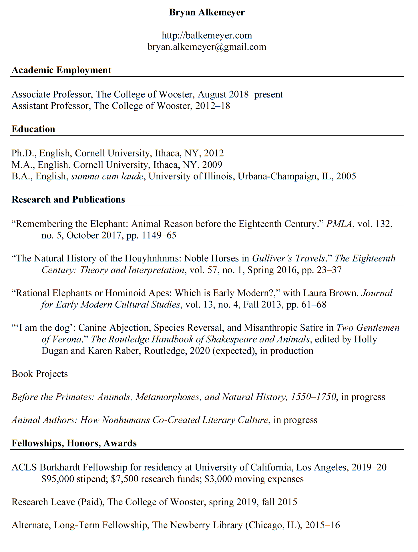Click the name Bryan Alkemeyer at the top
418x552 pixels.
tap(207, 12)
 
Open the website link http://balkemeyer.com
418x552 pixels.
tap(207, 35)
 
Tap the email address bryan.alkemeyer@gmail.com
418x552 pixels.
tap(207, 47)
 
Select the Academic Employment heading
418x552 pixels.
tap(61, 70)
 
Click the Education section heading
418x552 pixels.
tap(33, 129)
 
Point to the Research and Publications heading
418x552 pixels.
tap(68, 199)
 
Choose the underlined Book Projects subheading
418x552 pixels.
tap(40, 374)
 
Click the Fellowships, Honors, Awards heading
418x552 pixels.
tap(74, 443)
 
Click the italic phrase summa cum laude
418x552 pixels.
tap(107, 176)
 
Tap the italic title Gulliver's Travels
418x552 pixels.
tap(288, 258)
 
